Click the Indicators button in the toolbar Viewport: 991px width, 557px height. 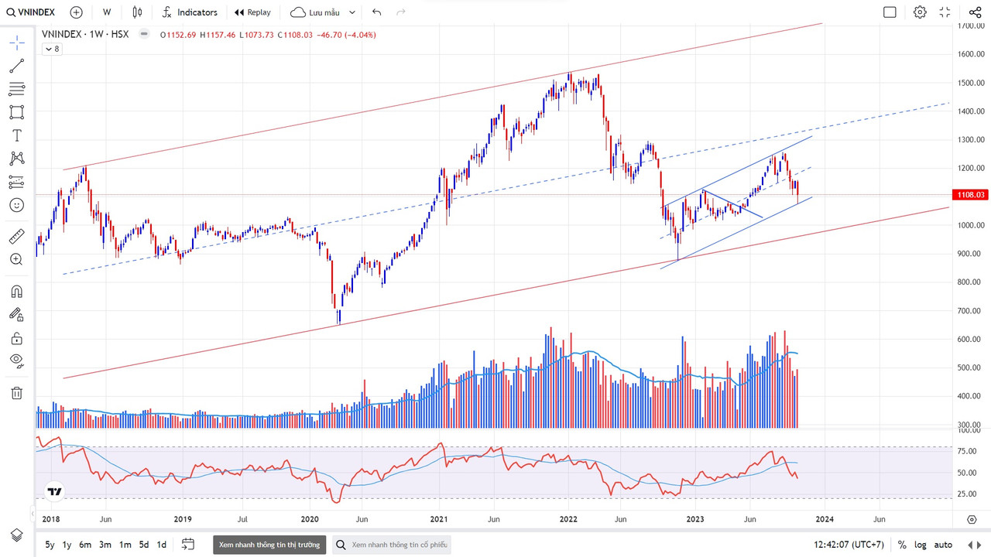(189, 12)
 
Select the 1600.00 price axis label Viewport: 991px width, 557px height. (970, 54)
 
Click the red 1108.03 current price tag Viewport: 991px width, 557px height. (970, 195)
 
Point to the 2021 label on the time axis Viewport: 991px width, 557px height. (439, 519)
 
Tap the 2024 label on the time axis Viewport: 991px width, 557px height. (824, 519)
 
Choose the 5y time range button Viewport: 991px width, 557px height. (50, 545)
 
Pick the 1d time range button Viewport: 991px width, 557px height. (161, 545)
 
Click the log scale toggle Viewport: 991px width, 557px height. (920, 545)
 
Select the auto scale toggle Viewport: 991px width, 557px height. (943, 545)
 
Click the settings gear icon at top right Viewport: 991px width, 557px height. (919, 12)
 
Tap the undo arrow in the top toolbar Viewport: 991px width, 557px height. (376, 12)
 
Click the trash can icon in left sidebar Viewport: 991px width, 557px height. (16, 393)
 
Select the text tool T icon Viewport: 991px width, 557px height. (16, 135)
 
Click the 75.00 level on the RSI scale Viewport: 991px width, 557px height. (966, 452)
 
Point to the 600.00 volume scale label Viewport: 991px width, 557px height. (970, 339)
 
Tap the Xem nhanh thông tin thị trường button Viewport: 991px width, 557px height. (269, 545)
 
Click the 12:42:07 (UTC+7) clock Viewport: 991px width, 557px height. (849, 545)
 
